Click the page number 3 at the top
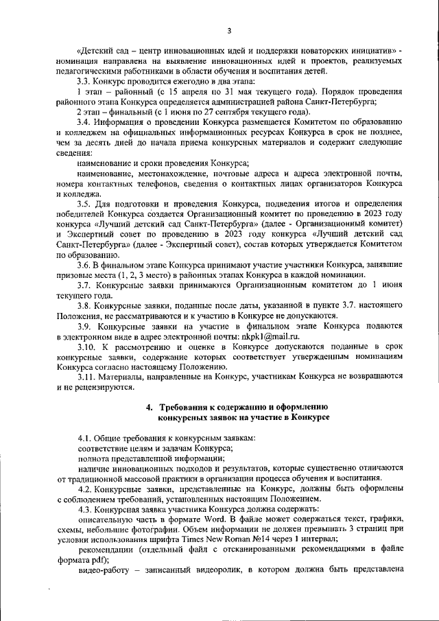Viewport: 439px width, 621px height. (229, 30)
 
